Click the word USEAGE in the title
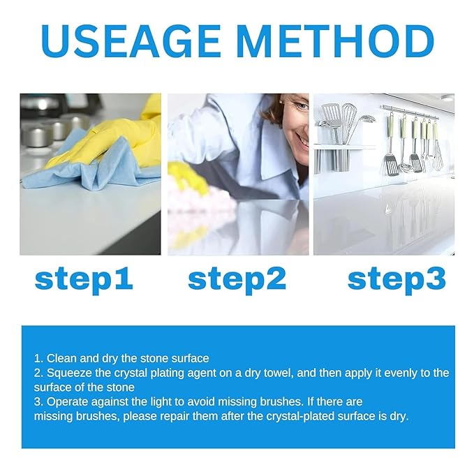[131, 41]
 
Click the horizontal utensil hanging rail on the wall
[410, 112]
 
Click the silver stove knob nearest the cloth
[36, 137]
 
